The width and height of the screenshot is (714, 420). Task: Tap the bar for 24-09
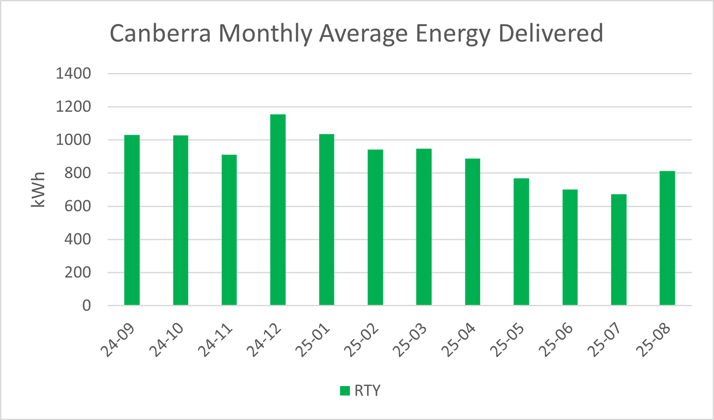click(x=132, y=220)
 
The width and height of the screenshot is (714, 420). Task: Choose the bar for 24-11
click(x=229, y=230)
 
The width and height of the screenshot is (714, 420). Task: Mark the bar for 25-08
click(x=667, y=238)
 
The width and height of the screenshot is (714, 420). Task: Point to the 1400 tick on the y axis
click(x=73, y=74)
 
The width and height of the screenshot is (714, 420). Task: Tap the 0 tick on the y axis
click(x=86, y=306)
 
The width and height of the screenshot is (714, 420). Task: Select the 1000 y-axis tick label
click(x=73, y=140)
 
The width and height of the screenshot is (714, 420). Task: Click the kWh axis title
click(x=38, y=190)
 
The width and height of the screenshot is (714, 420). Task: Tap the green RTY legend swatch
click(x=345, y=391)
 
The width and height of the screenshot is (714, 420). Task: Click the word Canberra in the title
click(x=160, y=33)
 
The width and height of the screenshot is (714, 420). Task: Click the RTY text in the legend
click(x=368, y=391)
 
